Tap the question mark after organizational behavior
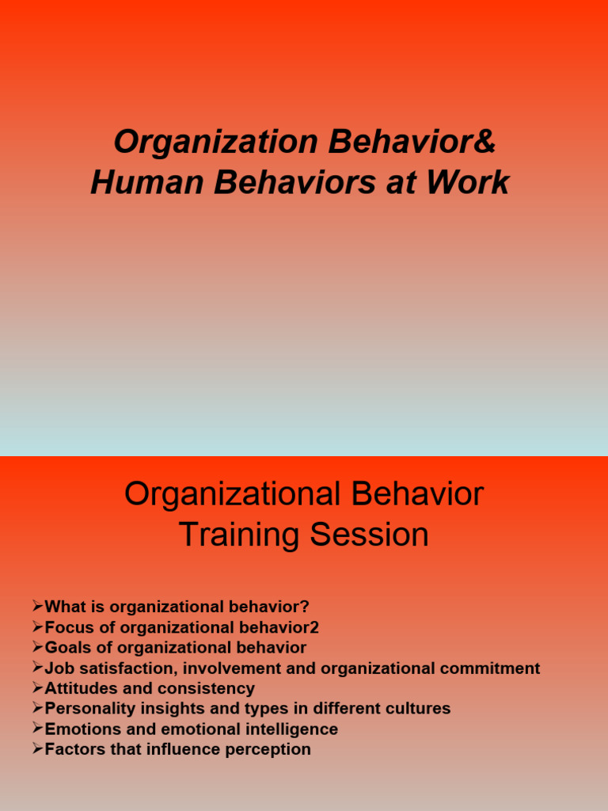(305, 607)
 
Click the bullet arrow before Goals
(37, 648)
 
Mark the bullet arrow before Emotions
(37, 728)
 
